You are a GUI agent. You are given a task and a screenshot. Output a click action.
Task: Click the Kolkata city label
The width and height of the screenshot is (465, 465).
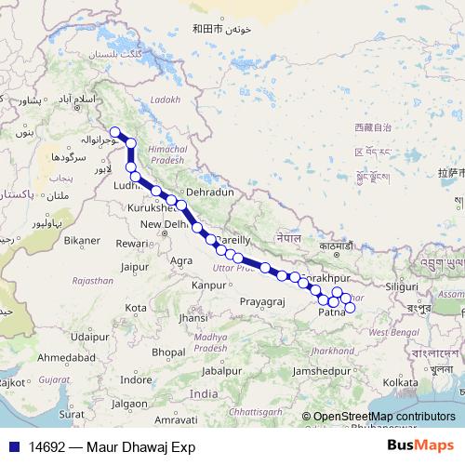[400, 382]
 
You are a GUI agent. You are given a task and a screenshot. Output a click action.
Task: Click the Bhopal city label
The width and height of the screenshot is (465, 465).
[169, 352]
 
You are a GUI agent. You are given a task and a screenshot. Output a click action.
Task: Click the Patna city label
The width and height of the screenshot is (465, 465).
[331, 313]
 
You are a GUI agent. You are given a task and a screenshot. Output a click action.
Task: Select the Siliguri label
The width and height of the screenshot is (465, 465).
[403, 286]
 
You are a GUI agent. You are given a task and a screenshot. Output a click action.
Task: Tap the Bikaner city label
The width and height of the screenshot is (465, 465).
[82, 240]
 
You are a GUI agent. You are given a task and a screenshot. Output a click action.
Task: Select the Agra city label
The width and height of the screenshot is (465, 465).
[181, 261]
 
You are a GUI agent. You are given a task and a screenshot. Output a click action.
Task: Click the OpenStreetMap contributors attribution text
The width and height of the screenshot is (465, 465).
[384, 418]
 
